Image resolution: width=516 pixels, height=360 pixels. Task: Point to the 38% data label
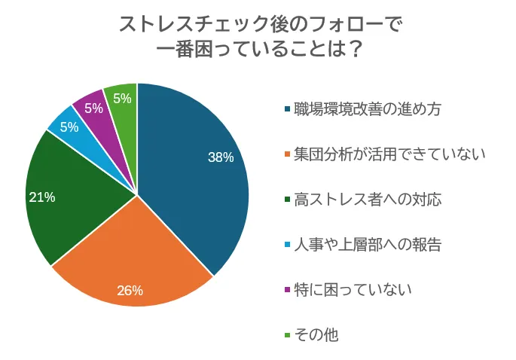click(x=221, y=157)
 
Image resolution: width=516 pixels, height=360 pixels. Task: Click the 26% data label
click(x=130, y=291)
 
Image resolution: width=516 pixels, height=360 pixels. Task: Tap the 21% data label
click(x=42, y=197)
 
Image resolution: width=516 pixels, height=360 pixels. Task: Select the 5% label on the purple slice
click(x=94, y=108)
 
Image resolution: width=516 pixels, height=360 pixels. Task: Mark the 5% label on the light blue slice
click(x=69, y=127)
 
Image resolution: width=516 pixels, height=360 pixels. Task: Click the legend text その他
click(x=316, y=334)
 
